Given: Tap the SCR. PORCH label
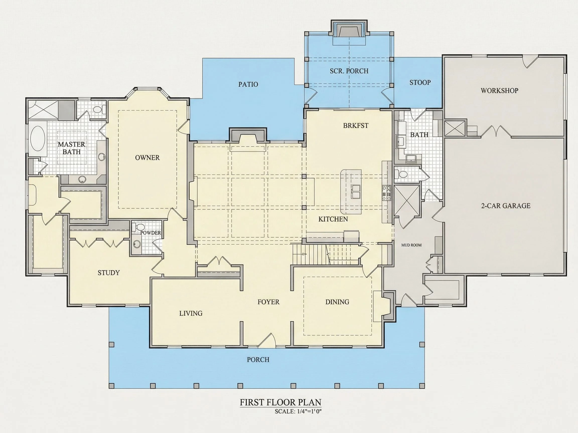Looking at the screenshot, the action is [349, 71].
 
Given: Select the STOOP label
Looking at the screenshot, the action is [420, 82].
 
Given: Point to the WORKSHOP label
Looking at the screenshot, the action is [499, 90].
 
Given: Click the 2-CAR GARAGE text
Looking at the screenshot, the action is [505, 206].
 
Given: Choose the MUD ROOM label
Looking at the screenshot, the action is [411, 245].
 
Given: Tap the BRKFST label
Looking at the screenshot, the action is [356, 126].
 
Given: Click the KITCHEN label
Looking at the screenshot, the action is [333, 219].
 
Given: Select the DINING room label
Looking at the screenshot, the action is [337, 302].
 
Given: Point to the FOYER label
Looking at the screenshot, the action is [268, 302].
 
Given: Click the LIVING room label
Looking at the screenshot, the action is [191, 313].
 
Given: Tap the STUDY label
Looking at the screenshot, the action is [108, 273].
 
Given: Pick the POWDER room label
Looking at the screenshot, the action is [151, 233].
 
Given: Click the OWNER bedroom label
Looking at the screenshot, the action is [147, 158].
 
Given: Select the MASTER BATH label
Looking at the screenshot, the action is [71, 148].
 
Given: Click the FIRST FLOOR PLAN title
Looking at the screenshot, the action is [281, 402].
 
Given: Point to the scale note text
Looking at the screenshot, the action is [298, 412].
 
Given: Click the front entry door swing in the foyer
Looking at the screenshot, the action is [267, 340].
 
